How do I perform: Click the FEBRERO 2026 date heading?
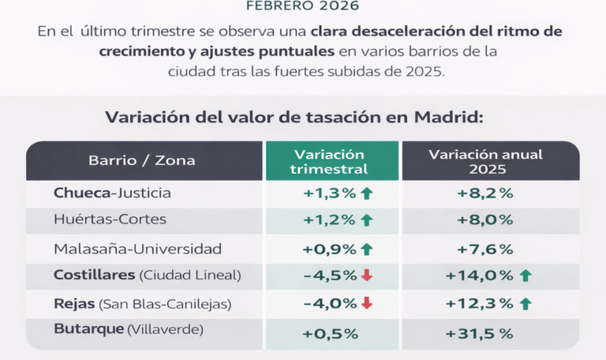302,6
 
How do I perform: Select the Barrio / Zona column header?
142,161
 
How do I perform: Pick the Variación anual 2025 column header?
485,161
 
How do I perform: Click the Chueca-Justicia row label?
112,193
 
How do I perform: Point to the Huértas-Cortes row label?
110,220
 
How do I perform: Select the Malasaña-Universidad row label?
138,249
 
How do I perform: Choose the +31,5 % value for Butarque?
479,334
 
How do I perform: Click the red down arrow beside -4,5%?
366,276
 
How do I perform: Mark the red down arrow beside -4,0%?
366,303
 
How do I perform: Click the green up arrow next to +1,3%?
366,193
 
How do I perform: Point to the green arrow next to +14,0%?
526,276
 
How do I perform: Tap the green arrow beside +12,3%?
526,303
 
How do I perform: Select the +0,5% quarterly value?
330,334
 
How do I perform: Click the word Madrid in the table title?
447,118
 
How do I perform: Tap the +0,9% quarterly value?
329,249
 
